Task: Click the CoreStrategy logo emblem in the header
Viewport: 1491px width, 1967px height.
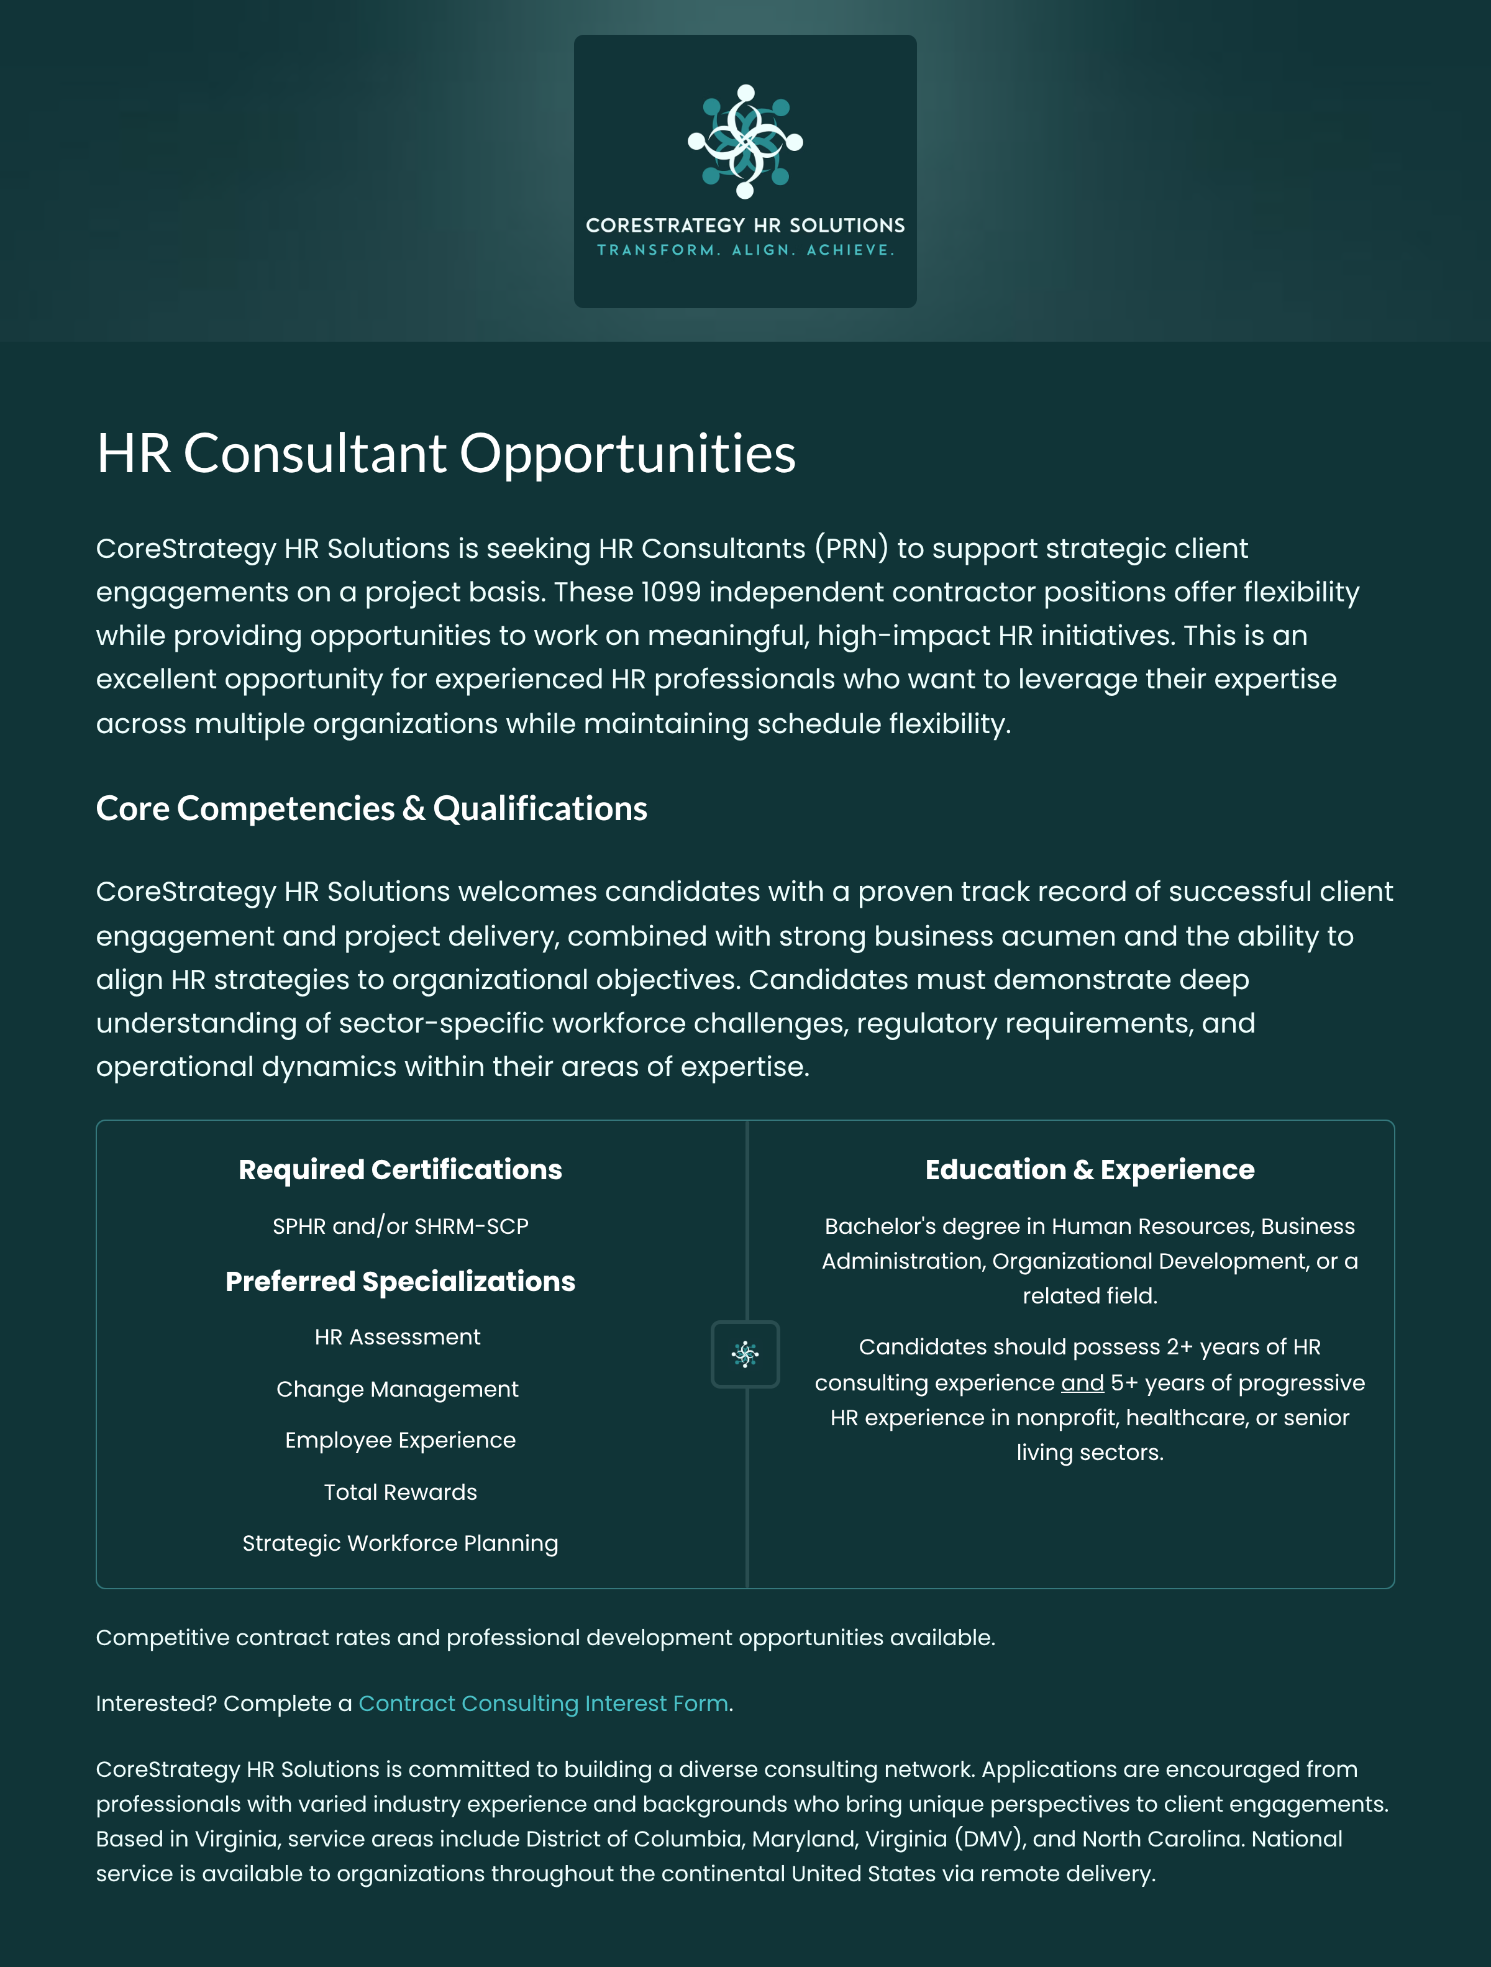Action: tap(745, 142)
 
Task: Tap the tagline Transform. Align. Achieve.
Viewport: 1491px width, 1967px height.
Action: tap(745, 250)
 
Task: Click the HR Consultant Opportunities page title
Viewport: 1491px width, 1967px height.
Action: tap(445, 454)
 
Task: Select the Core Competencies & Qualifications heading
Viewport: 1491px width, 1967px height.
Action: tap(371, 808)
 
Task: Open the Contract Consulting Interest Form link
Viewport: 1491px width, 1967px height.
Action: tap(543, 1703)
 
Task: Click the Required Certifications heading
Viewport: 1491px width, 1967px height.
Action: tap(400, 1169)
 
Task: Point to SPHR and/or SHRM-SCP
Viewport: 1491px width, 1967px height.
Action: tap(400, 1226)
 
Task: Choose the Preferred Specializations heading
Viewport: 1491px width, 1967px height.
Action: tap(400, 1281)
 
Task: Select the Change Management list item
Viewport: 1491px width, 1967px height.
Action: tap(398, 1389)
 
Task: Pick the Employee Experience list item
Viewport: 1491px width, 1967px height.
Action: tap(400, 1440)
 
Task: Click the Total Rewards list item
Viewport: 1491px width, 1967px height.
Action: tap(400, 1492)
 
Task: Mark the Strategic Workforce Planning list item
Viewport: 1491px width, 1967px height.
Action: tap(400, 1543)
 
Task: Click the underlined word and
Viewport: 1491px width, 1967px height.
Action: tap(1082, 1383)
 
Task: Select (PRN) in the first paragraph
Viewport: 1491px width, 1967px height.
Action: tap(851, 549)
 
